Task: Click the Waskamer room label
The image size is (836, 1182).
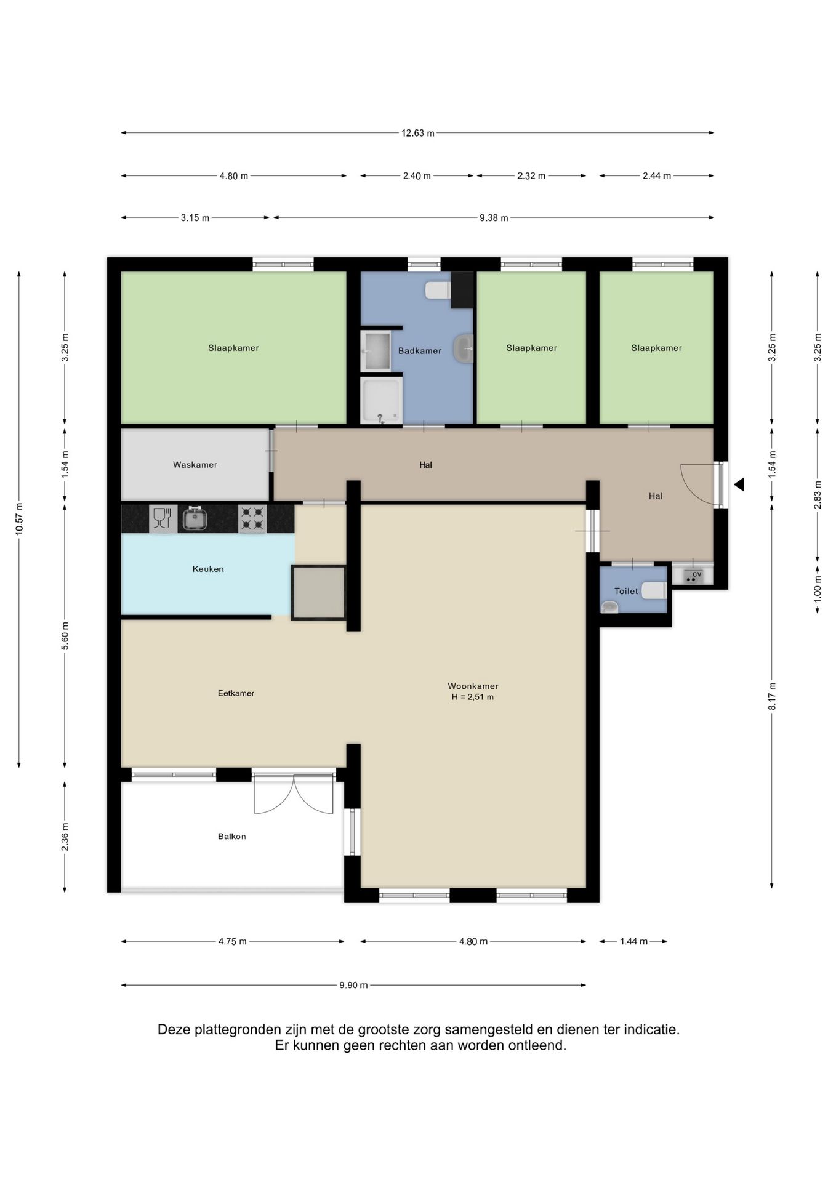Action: [x=195, y=465]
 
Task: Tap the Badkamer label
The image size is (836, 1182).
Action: [x=420, y=351]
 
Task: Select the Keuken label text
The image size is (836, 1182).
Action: [x=208, y=569]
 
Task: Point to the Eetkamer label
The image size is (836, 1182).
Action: [x=236, y=693]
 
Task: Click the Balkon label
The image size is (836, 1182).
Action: [x=232, y=836]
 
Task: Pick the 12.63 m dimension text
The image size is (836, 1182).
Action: [x=418, y=133]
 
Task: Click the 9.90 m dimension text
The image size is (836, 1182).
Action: [x=353, y=985]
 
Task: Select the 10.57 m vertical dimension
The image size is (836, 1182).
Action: [x=19, y=519]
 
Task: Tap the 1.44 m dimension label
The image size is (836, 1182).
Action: [x=633, y=941]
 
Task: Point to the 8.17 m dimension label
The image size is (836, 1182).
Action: [x=772, y=696]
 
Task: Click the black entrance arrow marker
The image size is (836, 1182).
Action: [x=739, y=484]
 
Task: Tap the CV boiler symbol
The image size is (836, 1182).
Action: [x=693, y=576]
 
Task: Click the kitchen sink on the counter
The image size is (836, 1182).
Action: [x=194, y=518]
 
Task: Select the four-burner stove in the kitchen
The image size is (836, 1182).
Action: [x=252, y=518]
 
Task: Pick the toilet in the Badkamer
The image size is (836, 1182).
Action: [x=438, y=289]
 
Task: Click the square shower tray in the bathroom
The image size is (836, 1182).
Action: [x=381, y=400]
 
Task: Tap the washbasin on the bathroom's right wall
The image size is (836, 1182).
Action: [x=463, y=348]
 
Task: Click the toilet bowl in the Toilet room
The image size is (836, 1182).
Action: [x=654, y=591]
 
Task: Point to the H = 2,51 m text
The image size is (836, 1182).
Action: [x=473, y=698]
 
